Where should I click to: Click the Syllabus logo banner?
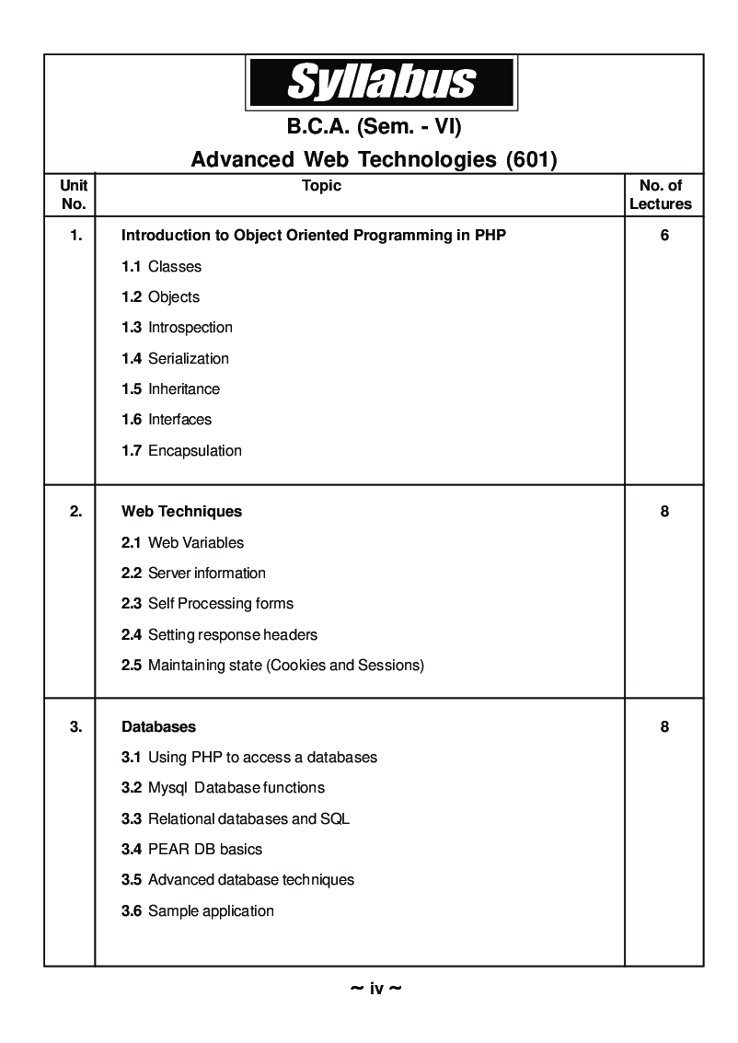point(381,82)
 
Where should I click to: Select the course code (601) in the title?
point(532,160)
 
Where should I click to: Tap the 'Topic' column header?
point(321,186)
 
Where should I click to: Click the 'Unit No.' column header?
point(73,195)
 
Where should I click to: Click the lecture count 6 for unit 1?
point(664,236)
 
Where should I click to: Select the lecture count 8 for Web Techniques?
point(664,512)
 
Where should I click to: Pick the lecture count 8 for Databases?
point(664,727)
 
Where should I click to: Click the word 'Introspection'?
point(190,328)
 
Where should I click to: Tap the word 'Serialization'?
point(188,358)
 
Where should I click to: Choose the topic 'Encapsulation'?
point(194,450)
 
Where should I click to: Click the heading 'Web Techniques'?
point(181,512)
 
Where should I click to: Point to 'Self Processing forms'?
point(220,604)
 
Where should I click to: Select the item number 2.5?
point(131,666)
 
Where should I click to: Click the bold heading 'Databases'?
point(158,727)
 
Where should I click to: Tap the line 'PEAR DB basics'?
point(204,850)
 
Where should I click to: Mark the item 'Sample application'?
point(211,911)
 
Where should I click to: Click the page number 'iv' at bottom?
point(376,989)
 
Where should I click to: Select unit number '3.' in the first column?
point(75,727)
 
